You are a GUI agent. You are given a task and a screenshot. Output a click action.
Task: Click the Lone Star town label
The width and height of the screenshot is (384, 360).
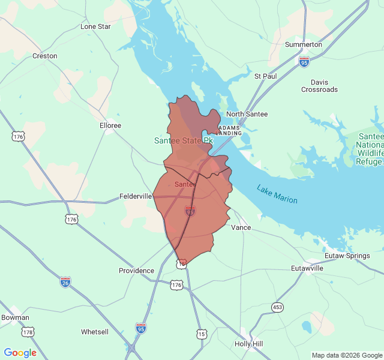[96, 26]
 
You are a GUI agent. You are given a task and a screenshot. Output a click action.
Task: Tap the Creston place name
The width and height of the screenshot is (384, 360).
[45, 56]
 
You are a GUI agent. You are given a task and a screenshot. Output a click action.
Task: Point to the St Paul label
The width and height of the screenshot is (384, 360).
[265, 76]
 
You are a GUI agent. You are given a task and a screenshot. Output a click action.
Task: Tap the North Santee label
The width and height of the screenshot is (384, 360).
[247, 114]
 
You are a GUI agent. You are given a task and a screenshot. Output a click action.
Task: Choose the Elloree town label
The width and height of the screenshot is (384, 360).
[110, 125]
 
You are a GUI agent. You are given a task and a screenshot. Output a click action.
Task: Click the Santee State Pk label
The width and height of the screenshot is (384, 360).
[184, 141]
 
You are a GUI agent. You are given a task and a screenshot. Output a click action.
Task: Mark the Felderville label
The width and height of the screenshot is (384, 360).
[136, 196]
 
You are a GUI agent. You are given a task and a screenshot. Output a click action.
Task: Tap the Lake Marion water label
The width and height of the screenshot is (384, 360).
[277, 193]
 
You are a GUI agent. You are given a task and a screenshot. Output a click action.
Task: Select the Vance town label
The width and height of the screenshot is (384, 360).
[241, 228]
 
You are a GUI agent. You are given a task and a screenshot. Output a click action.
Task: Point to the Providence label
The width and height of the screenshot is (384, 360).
[136, 271]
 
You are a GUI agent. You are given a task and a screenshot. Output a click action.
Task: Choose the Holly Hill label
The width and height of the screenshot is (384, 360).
[248, 344]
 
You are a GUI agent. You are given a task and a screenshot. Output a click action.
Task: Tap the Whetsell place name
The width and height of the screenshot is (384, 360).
[95, 332]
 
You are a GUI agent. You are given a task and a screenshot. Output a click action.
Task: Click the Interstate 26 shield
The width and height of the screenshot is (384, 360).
[65, 281]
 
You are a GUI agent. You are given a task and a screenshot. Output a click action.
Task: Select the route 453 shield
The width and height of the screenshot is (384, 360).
[277, 307]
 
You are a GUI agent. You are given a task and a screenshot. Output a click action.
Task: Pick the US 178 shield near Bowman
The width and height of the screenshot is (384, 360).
[28, 332]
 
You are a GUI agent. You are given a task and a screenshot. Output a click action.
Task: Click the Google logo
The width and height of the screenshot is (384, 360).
[20, 353]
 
